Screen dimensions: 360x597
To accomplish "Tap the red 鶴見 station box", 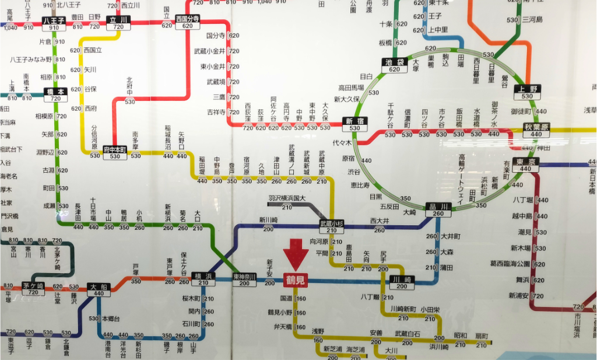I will tap(295, 281).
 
